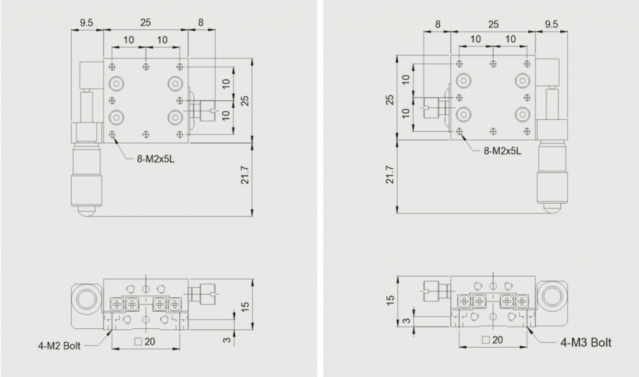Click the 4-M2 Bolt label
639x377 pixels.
(x=59, y=346)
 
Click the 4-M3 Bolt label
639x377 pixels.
(x=585, y=342)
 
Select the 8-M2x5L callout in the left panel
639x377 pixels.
(x=155, y=159)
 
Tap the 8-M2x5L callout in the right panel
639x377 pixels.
(x=502, y=151)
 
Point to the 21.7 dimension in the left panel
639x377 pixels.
(x=245, y=175)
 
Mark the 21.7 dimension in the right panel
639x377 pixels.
(x=390, y=174)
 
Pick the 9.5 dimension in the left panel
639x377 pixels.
(x=86, y=23)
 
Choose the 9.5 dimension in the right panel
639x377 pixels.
(x=552, y=24)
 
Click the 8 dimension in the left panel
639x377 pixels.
(x=200, y=23)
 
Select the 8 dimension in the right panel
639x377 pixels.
(x=437, y=24)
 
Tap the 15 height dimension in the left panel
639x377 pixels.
(x=245, y=306)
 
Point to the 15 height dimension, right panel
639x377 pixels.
(x=390, y=300)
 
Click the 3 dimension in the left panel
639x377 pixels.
(x=227, y=339)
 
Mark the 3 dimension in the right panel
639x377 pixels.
(x=406, y=320)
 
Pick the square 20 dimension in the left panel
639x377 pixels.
(x=145, y=341)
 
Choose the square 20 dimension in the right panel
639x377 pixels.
(x=492, y=340)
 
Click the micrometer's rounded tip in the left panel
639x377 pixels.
(x=87, y=211)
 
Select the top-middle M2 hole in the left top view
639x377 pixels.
(x=145, y=67)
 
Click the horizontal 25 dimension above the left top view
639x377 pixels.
(x=145, y=23)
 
